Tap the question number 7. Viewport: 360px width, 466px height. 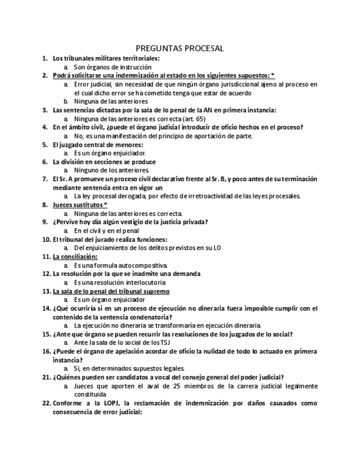(x=45, y=179)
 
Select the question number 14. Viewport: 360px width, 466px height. (x=46, y=308)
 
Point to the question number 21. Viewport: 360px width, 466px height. (x=46, y=377)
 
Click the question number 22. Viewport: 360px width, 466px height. (x=46, y=403)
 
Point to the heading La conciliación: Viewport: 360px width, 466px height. (x=75, y=257)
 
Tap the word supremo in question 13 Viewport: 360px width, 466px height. (x=156, y=291)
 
